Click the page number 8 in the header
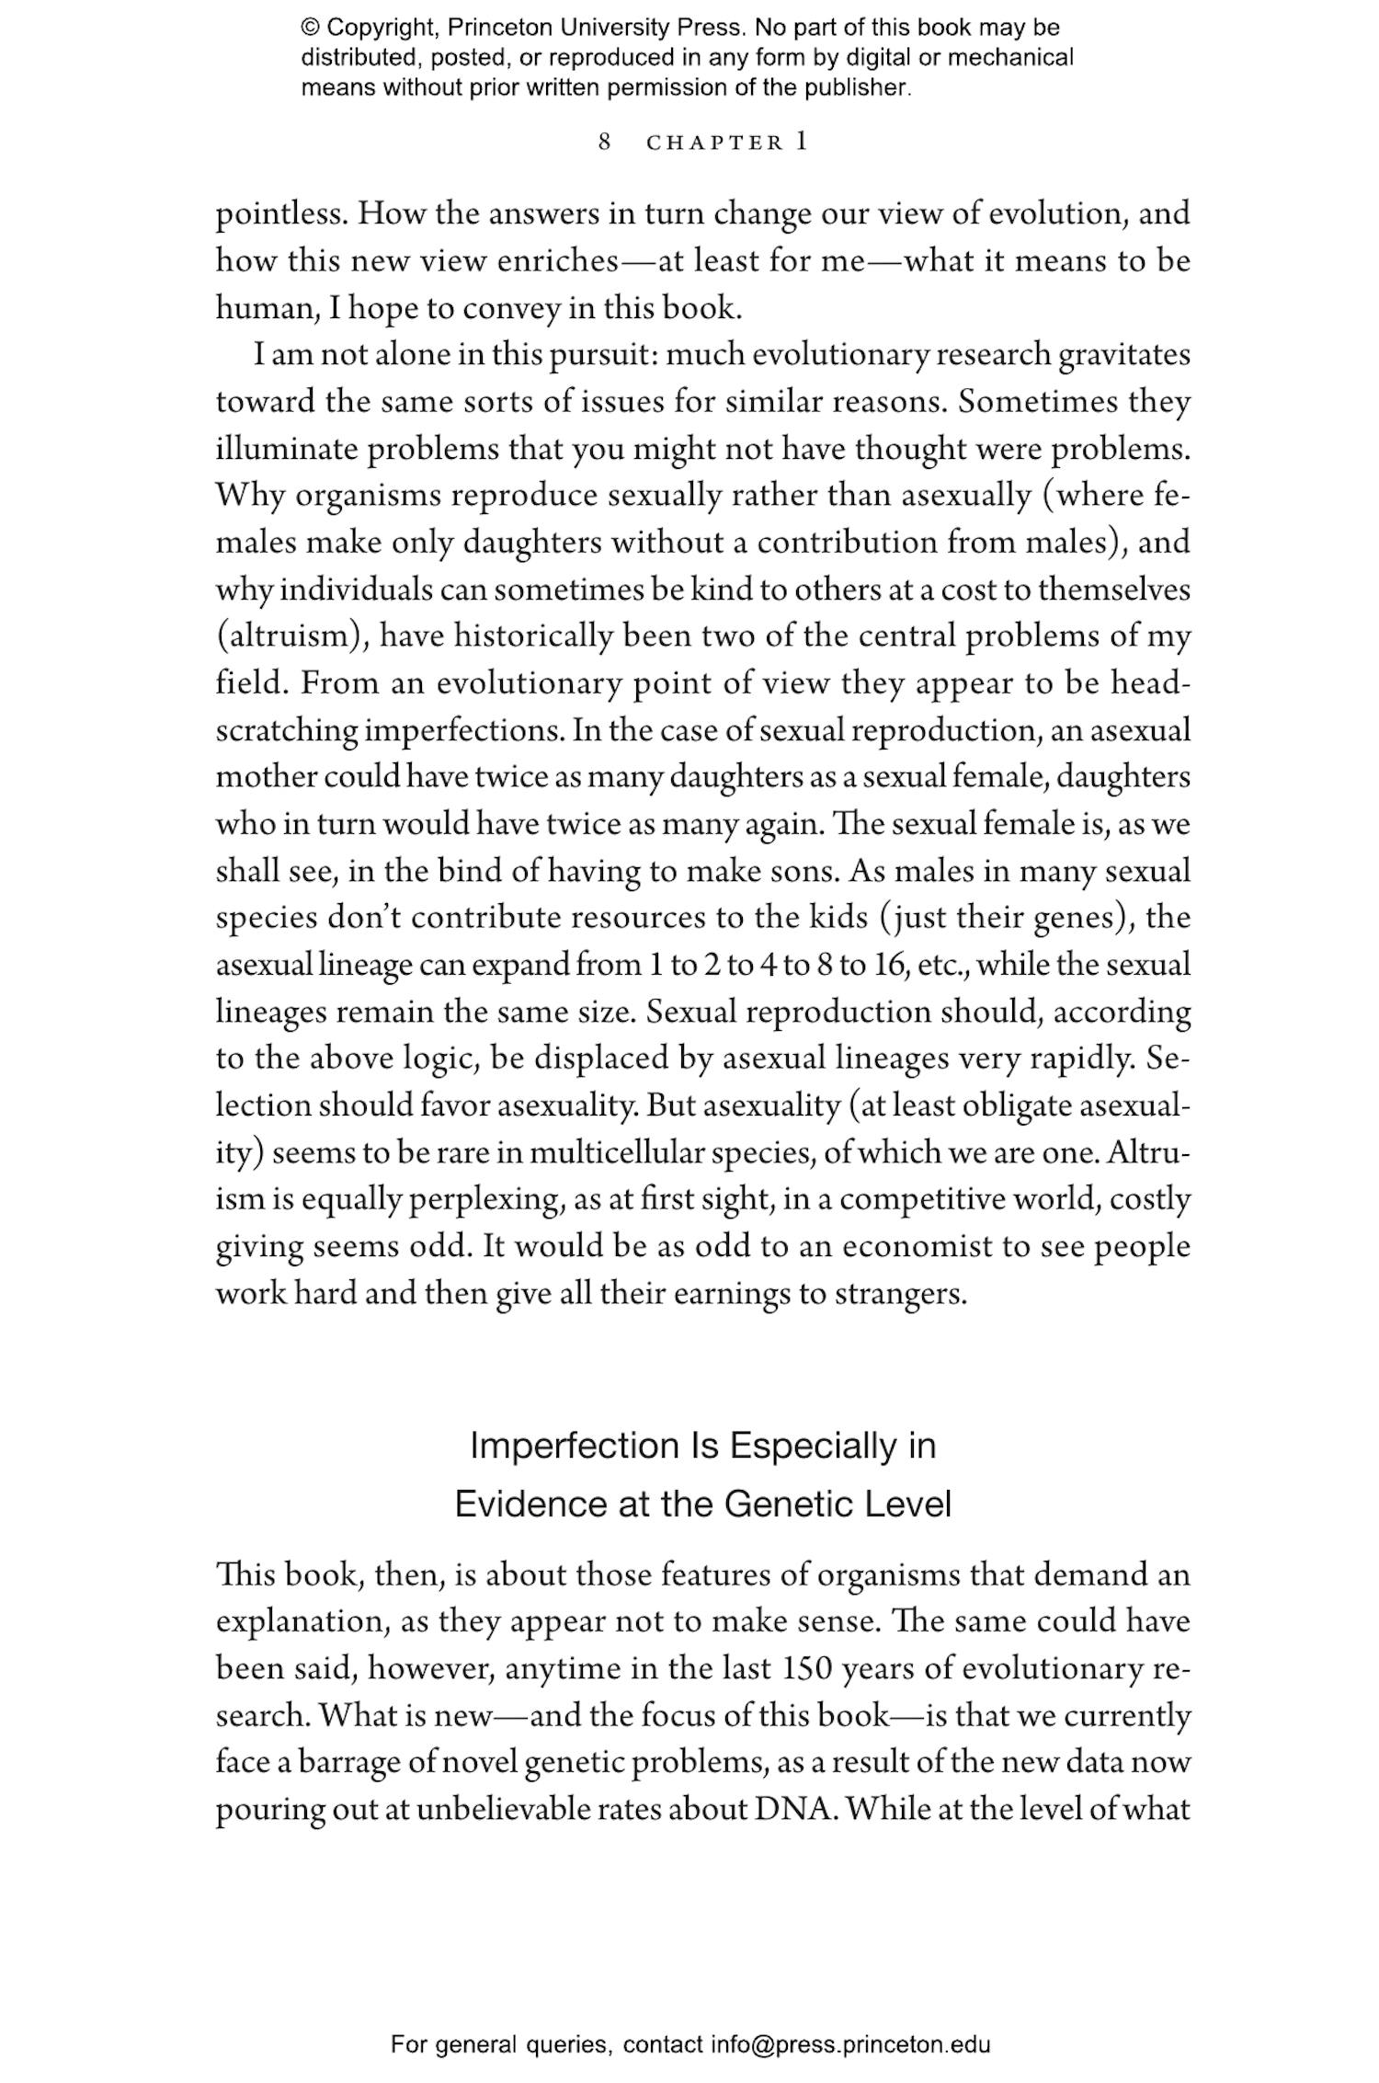click(x=604, y=143)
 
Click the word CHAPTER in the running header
click(x=714, y=143)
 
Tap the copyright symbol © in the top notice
click(x=310, y=28)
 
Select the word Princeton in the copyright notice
click(x=488, y=28)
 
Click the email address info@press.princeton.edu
click(x=849, y=2044)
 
